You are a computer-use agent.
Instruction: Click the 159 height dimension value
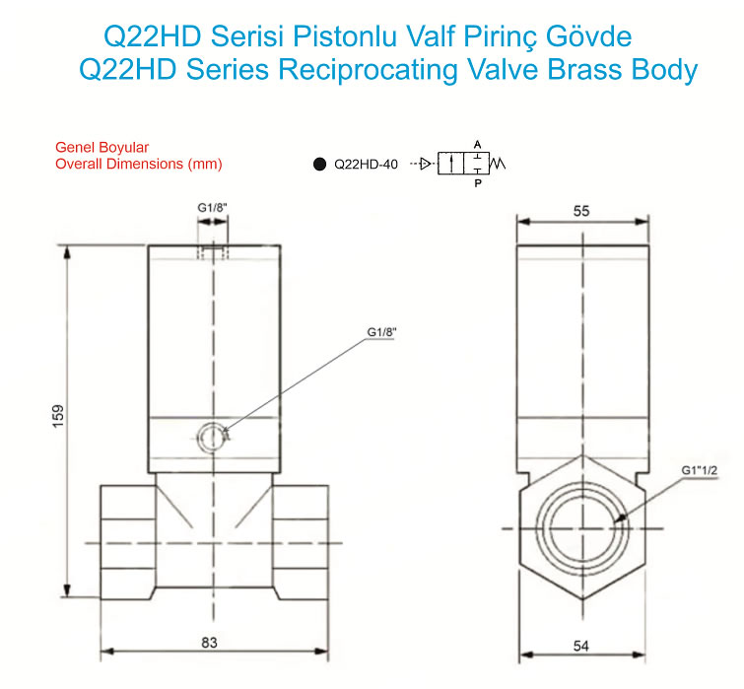point(58,416)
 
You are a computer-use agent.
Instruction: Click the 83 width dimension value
point(209,642)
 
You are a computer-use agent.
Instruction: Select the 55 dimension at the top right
point(581,211)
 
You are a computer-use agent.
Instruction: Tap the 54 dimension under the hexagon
point(581,646)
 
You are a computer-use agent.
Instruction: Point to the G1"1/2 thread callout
point(700,470)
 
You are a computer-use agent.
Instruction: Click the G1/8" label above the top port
point(212,208)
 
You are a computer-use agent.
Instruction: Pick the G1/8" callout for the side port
point(381,332)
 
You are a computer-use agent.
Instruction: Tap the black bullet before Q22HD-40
point(320,165)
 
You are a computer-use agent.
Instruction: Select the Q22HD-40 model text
point(366,165)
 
